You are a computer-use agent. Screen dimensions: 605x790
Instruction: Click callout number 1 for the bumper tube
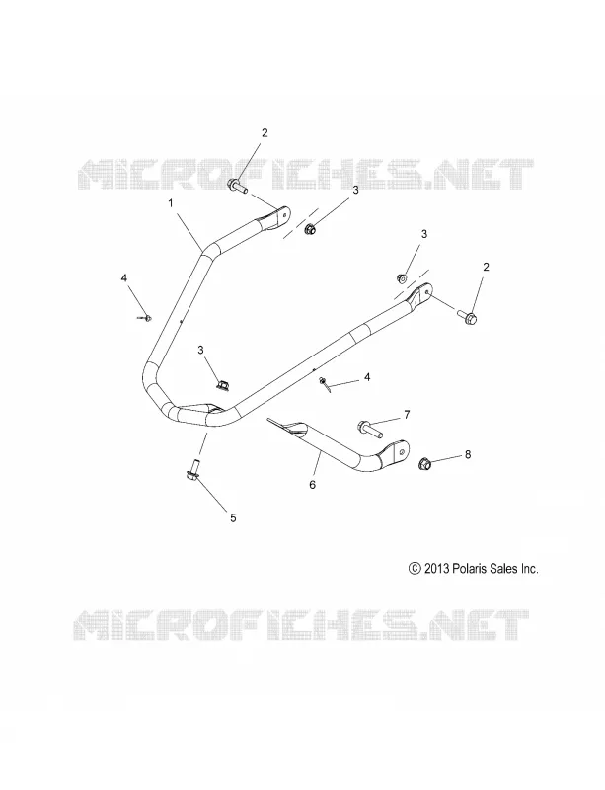tap(171, 203)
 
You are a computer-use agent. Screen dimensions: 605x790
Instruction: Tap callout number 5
tap(233, 517)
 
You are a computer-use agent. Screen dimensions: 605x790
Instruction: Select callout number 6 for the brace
tap(312, 485)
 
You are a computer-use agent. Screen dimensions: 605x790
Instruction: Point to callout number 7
tap(407, 415)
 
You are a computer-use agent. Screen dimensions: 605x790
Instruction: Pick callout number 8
tap(468, 454)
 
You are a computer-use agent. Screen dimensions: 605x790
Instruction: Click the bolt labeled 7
tap(369, 429)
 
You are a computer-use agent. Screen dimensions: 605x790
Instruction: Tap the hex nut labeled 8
tap(425, 463)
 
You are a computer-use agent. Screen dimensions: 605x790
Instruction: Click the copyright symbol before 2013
tap(415, 569)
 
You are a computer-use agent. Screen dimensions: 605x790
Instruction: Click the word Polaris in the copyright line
tap(470, 569)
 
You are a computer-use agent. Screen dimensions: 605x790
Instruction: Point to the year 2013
tap(436, 569)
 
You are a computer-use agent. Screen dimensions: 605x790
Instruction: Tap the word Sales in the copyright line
tap(503, 569)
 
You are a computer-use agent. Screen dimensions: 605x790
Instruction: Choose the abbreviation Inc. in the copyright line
tap(530, 569)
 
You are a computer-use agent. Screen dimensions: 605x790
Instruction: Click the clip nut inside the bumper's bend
tap(222, 384)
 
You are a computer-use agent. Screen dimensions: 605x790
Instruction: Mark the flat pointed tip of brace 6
tap(269, 418)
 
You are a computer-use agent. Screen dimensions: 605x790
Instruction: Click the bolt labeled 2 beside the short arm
tap(238, 186)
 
